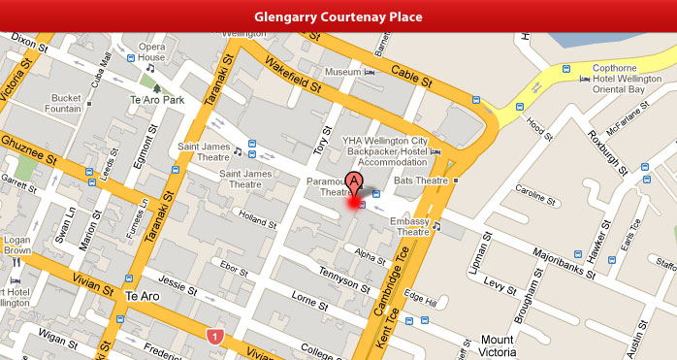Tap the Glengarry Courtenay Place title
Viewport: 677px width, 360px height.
[338, 17]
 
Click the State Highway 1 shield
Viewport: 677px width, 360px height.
[215, 336]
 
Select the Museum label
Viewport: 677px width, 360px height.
[342, 73]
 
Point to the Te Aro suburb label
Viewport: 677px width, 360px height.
[142, 295]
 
